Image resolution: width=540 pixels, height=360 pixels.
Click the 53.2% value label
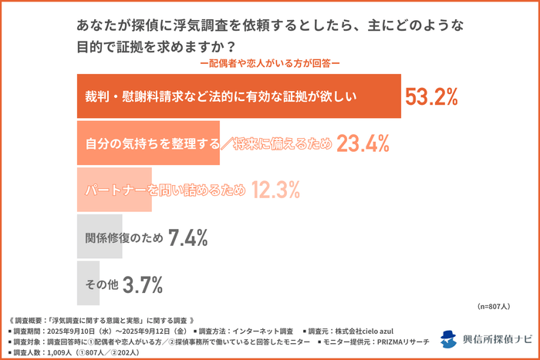pos(432,96)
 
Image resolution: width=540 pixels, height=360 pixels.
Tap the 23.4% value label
pos(362,143)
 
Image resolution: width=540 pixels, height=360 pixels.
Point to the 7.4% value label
pos(187,238)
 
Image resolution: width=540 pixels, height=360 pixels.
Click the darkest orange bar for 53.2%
pos(239,96)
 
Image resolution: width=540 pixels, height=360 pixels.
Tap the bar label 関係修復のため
pos(123,238)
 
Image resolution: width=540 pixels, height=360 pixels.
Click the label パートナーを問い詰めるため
pos(164,190)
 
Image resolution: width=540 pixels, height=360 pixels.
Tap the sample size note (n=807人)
pos(494,306)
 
